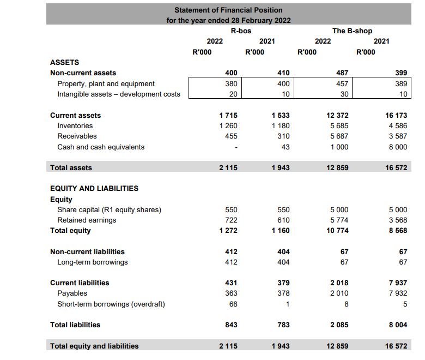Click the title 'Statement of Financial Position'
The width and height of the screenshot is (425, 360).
[x=228, y=10]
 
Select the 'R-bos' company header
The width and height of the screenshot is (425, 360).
[x=241, y=31]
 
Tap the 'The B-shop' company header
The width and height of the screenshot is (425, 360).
[x=353, y=31]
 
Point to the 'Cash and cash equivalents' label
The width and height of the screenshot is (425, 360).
[x=101, y=147]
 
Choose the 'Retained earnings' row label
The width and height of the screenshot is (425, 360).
[x=87, y=220]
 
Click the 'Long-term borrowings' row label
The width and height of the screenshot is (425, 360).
[x=93, y=262]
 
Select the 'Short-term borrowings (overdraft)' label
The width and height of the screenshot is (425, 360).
[x=111, y=304]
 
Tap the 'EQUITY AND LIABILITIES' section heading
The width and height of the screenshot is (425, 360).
[x=94, y=189]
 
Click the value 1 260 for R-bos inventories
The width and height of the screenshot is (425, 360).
[x=228, y=126]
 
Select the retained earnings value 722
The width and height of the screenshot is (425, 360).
[x=231, y=220]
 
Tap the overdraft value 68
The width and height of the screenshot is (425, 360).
[x=233, y=304]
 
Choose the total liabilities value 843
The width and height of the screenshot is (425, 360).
[x=231, y=325]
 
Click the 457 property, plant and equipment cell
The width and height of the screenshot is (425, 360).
[x=342, y=84]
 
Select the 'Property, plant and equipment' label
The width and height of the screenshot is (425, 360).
[x=106, y=84]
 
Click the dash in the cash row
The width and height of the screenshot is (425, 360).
[x=235, y=147]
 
